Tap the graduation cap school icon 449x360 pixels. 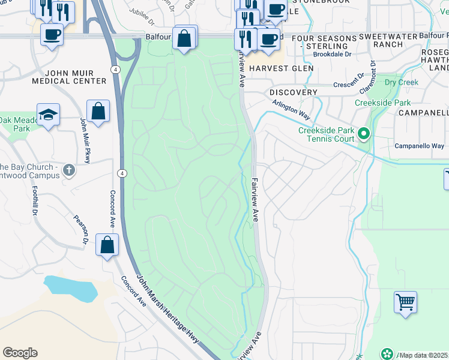pos(48,114)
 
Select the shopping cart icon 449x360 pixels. pos(405,302)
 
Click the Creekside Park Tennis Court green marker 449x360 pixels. pos(363,133)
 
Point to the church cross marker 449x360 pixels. pos(69,170)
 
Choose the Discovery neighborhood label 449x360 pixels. pos(293,92)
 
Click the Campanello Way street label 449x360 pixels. pos(419,146)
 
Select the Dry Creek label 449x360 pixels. pos(398,82)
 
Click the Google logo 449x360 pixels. pos(20,353)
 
